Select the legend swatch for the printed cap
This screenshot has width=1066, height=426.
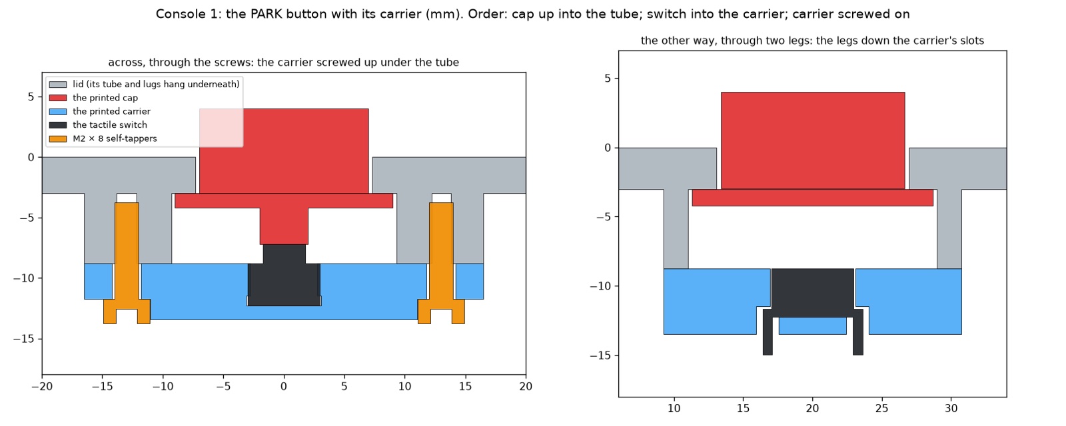(x=58, y=98)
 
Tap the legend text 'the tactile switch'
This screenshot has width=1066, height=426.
(x=110, y=125)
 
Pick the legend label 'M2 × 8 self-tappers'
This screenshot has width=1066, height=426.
(x=115, y=139)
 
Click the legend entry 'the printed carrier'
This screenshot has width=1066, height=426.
(x=111, y=111)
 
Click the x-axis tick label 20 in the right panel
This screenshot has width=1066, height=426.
(x=812, y=409)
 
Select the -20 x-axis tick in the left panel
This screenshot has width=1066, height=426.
(x=43, y=387)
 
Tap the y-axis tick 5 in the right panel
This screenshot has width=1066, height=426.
(x=608, y=79)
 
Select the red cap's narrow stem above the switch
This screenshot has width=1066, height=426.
(x=284, y=226)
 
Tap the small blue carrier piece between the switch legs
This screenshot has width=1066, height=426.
(x=812, y=325)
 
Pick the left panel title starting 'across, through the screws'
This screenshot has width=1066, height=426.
(x=284, y=63)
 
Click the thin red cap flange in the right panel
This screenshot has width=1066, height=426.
(x=812, y=198)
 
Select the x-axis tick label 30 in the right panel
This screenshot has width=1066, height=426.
(x=951, y=409)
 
